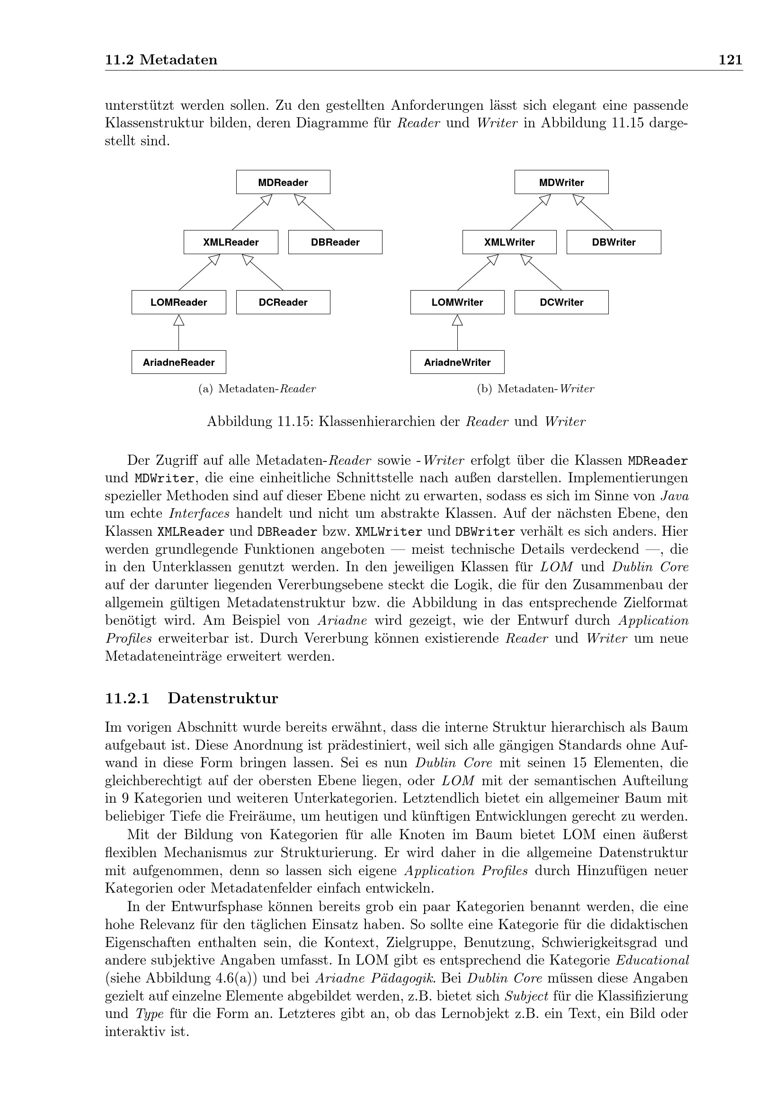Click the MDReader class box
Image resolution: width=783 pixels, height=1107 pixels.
click(x=283, y=182)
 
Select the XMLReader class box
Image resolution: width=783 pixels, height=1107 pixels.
click(x=231, y=242)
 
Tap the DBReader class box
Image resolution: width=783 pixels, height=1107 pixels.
click(x=335, y=242)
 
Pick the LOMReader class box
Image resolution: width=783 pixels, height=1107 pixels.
click(x=178, y=302)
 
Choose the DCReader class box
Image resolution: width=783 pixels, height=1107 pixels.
click(x=283, y=302)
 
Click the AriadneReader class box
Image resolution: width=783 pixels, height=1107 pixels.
click(x=178, y=362)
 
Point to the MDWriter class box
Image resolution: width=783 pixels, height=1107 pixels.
click(x=561, y=182)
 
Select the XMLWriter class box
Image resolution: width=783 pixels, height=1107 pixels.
click(x=509, y=242)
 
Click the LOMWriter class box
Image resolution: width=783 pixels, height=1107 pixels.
click(x=457, y=302)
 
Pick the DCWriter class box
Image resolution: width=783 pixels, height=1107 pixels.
click(x=561, y=302)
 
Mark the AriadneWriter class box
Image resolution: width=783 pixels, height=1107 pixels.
click(x=457, y=362)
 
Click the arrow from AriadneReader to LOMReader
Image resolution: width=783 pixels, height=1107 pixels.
click(x=179, y=333)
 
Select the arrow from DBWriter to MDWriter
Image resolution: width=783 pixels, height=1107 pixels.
click(x=594, y=213)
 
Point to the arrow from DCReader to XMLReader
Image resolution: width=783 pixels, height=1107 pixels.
click(x=263, y=273)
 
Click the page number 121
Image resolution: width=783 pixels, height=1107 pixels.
click(x=730, y=60)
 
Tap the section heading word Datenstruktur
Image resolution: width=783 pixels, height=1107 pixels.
click(x=223, y=699)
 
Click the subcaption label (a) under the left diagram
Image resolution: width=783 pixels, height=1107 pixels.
click(x=205, y=389)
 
